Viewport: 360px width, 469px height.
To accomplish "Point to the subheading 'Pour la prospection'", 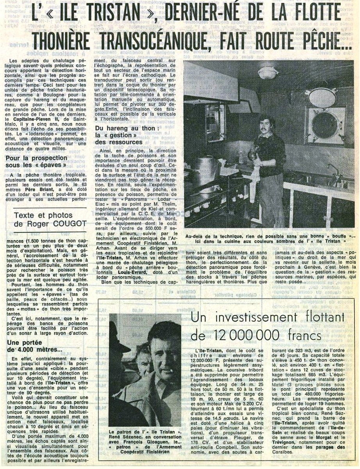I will tap(37, 158).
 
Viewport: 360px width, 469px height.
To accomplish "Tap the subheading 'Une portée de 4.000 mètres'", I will tap(35, 346).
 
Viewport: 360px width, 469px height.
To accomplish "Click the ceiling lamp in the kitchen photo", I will tap(268, 72).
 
